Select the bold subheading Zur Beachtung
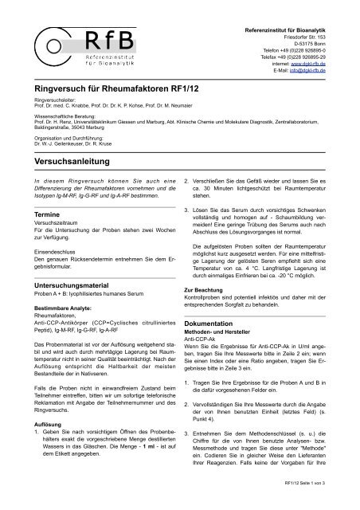click(x=209, y=288)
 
